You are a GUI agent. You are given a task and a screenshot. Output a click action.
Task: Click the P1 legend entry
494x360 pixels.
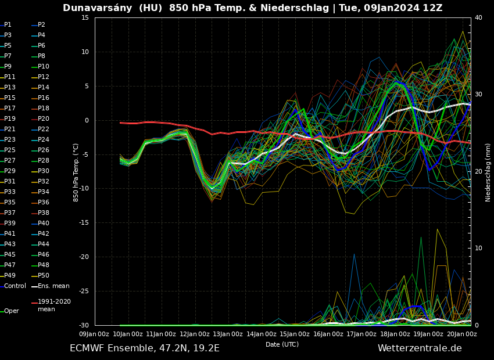[8, 25]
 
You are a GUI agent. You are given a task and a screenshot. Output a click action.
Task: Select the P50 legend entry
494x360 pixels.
[43, 276]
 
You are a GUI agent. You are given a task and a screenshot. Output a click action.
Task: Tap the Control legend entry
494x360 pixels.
[15, 286]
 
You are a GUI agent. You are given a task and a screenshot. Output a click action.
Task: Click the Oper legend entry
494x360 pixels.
[11, 311]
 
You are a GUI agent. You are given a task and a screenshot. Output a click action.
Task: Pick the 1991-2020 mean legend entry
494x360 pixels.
[54, 305]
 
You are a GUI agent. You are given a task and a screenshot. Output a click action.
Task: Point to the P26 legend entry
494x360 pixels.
[43, 150]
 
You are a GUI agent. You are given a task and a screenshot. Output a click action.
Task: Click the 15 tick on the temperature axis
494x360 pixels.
[85, 18]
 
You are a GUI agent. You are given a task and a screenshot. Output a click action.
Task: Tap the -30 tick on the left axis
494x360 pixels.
[83, 325]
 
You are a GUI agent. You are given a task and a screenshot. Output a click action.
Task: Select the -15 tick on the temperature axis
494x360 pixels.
[83, 223]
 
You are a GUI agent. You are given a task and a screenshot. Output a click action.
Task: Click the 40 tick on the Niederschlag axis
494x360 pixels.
[478, 18]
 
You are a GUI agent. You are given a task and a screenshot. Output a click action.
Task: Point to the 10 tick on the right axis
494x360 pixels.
[478, 249]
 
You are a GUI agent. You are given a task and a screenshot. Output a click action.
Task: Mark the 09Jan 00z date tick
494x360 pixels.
[94, 334]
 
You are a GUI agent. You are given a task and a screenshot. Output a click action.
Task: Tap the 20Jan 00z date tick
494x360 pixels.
[463, 334]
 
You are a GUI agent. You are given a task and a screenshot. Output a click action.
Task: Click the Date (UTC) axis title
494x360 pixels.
[282, 344]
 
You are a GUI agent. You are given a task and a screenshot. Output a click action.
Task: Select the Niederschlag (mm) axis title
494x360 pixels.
[488, 172]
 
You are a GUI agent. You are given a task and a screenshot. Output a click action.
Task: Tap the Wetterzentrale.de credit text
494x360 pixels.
[420, 348]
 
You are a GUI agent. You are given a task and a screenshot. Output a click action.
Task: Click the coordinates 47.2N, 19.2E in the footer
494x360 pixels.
[186, 348]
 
